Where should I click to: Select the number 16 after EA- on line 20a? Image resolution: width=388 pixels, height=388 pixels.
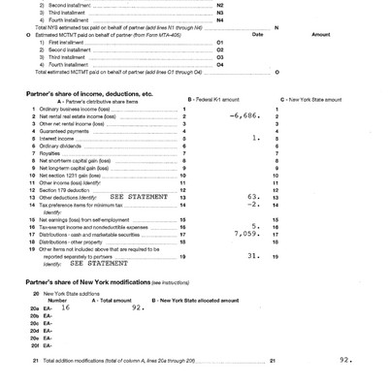(64, 307)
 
